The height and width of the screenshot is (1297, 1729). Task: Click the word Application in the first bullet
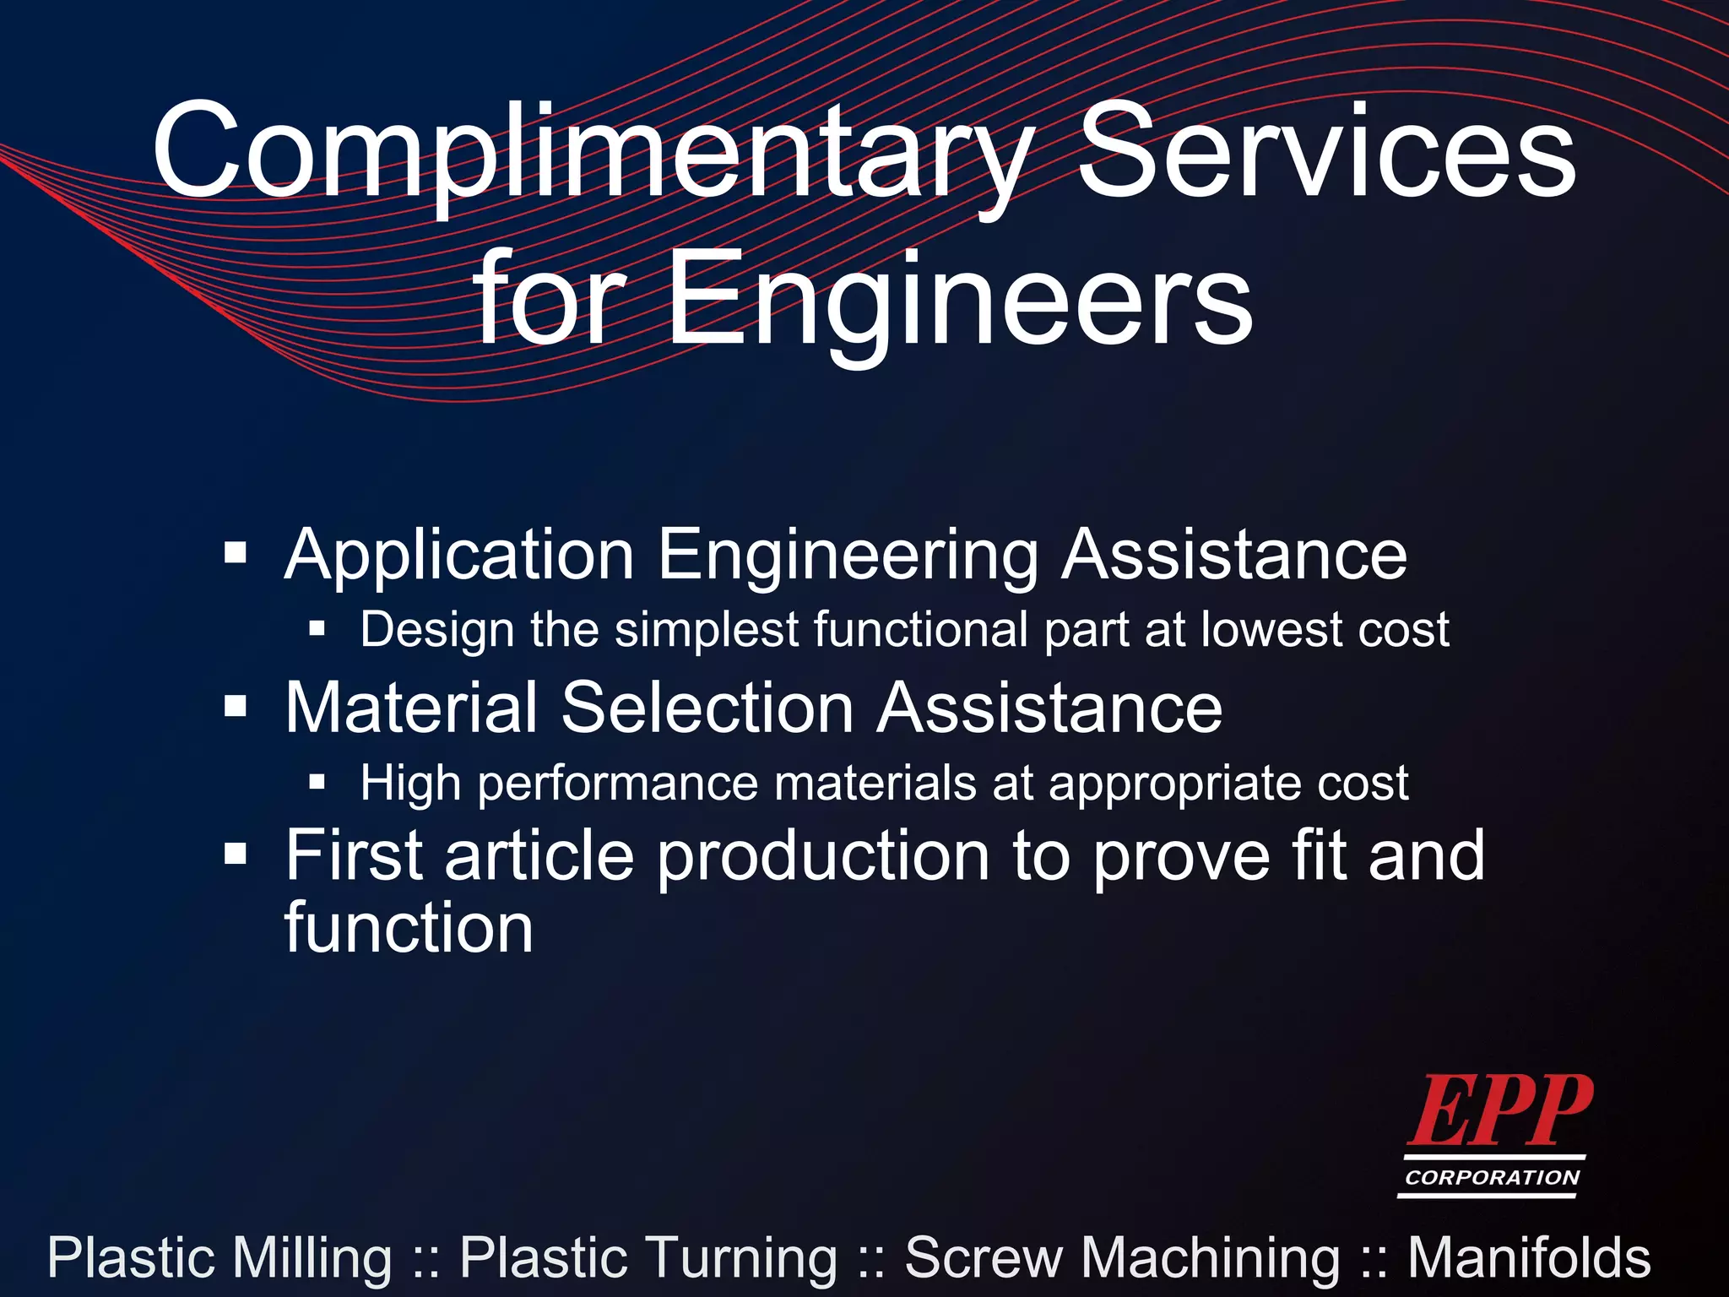[x=459, y=556]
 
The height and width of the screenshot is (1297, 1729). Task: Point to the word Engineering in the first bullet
[x=848, y=556]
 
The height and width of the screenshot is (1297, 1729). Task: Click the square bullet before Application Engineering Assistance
[x=236, y=555]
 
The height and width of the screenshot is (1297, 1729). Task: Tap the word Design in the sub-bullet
[x=437, y=630]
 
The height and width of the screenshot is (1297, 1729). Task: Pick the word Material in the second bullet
[x=411, y=708]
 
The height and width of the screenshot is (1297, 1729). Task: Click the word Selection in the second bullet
[x=707, y=708]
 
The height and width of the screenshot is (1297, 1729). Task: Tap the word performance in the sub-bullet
[x=619, y=784]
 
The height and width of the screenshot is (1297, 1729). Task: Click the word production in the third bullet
[x=823, y=856]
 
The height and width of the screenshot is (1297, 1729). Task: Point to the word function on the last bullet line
[x=409, y=928]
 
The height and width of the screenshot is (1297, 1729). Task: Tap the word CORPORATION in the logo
[x=1492, y=1177]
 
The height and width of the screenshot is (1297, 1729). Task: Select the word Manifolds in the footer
[x=1529, y=1258]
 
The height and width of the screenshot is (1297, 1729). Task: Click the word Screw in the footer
[x=984, y=1258]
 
